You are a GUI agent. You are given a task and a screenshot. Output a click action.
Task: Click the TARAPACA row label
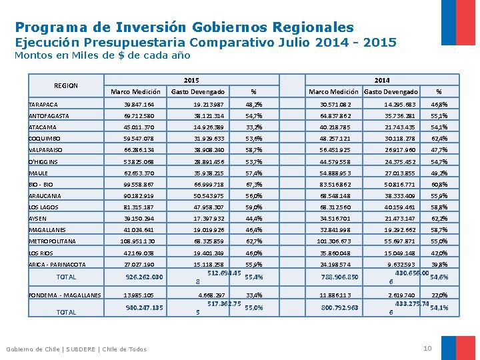point(43,105)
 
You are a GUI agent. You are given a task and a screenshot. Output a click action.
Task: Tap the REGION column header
point(66,85)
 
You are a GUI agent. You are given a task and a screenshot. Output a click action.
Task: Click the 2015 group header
point(191,79)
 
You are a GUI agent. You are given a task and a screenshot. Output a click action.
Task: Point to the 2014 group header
point(381,79)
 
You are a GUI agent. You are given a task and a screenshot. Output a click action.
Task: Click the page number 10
point(428,349)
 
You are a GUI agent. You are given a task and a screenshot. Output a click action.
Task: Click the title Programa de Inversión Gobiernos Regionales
point(184,27)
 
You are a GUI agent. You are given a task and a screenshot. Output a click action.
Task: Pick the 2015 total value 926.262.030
point(144,277)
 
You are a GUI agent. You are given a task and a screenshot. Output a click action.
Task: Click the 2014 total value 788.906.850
point(339,277)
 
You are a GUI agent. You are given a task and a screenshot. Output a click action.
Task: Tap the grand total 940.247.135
point(144,308)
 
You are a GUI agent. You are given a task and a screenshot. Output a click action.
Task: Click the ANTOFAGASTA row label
point(50,116)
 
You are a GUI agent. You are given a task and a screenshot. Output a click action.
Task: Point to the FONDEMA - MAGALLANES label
point(65,295)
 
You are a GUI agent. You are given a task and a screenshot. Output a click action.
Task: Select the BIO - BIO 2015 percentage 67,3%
point(253,184)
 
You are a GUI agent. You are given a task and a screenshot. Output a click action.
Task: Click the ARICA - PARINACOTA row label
point(57,264)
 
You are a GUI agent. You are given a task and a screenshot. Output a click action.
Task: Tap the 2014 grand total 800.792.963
point(339,308)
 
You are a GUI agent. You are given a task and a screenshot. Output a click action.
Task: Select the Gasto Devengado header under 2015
point(198,91)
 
